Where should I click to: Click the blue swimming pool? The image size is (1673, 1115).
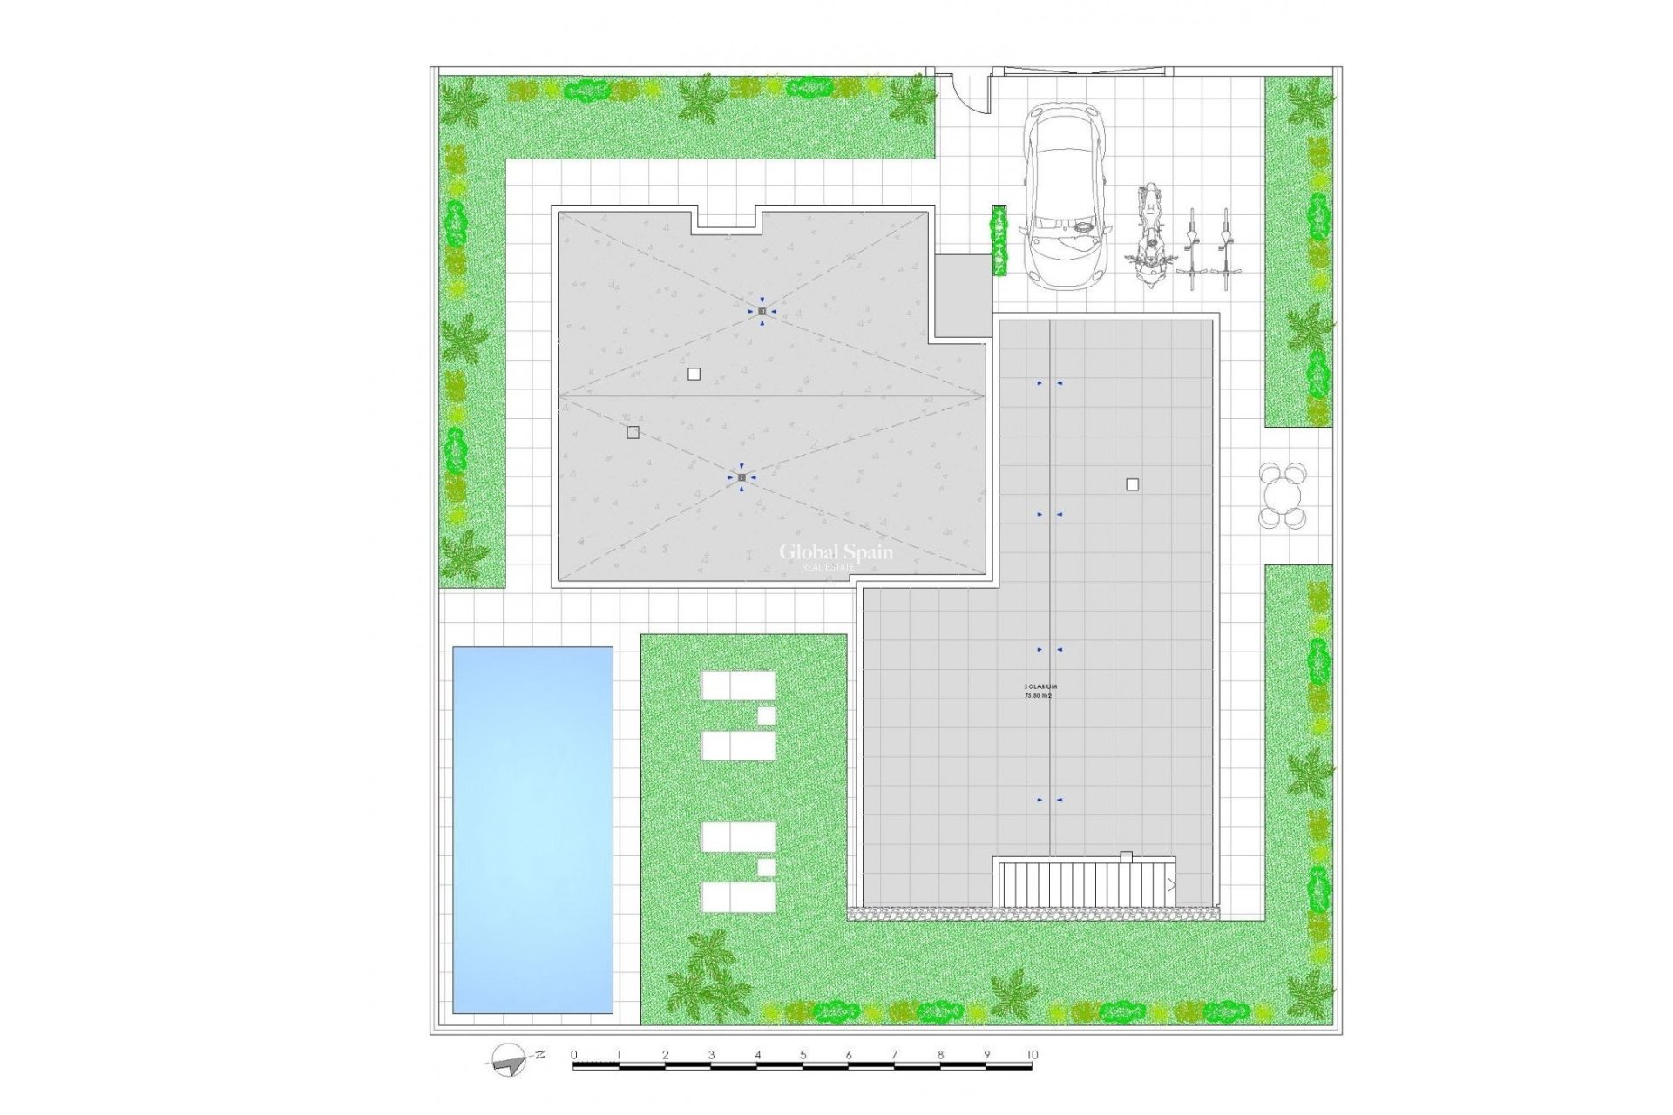532,829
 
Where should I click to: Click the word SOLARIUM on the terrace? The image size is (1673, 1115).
1040,687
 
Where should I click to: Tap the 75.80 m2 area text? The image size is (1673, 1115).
1038,696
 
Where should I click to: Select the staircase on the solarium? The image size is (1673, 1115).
1085,883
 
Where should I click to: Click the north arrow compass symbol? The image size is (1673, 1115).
508,1058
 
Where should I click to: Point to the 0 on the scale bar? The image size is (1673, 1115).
574,1055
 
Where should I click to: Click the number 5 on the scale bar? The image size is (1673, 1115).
803,1055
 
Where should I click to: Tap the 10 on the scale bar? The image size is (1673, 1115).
1032,1055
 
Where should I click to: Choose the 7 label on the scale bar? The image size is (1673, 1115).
894,1055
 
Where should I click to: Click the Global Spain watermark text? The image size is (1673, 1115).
835,551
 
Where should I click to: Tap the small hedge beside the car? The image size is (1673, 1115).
999,240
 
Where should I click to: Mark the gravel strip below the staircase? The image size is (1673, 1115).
1033,914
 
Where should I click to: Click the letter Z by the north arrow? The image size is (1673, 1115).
540,1054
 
